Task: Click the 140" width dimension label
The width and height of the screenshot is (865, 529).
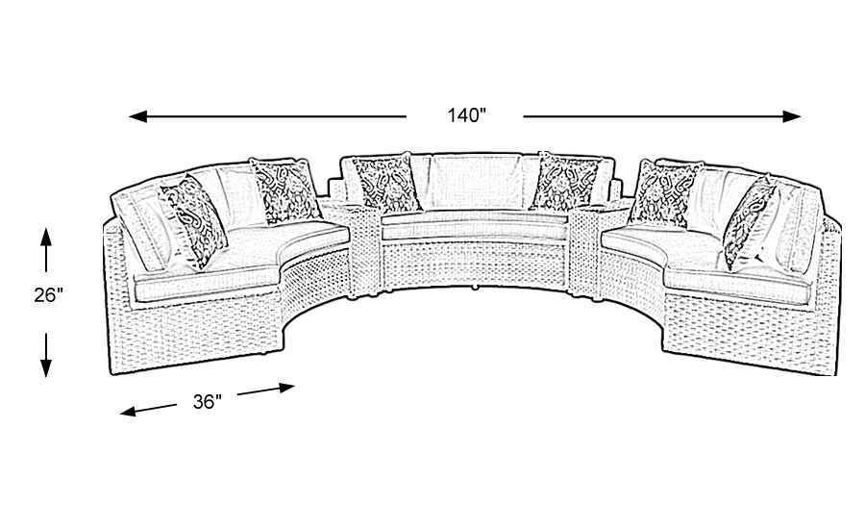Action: click(x=466, y=116)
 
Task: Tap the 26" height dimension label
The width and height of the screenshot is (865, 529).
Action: click(x=47, y=296)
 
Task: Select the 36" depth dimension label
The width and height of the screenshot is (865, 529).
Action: click(x=207, y=401)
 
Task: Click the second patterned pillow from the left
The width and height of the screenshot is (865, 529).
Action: click(x=285, y=188)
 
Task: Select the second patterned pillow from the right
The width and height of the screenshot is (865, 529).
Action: click(x=664, y=192)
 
